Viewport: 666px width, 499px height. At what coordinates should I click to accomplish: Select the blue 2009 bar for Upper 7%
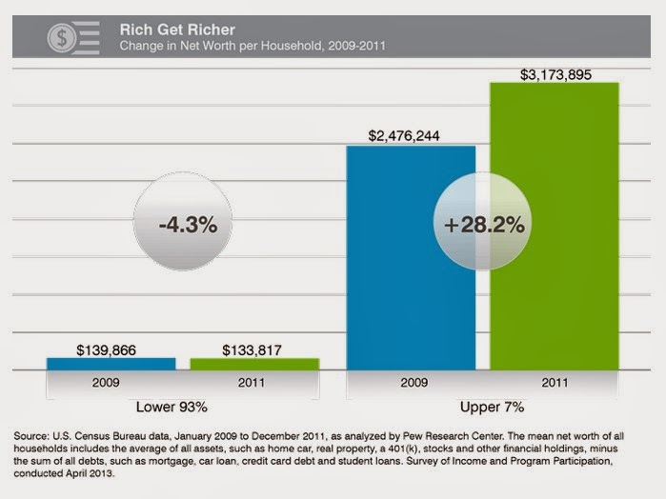click(411, 257)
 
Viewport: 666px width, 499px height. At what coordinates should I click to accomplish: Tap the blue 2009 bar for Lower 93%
click(111, 363)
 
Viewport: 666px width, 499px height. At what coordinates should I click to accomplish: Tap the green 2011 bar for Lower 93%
click(254, 363)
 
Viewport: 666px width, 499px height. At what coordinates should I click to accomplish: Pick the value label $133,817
click(254, 349)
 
